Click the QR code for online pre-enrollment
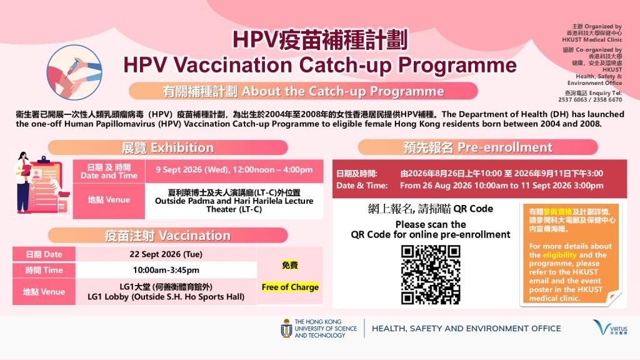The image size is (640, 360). (430, 274)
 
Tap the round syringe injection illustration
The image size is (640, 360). (74, 72)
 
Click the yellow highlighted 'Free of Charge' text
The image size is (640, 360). (290, 287)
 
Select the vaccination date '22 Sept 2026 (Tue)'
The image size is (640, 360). (166, 254)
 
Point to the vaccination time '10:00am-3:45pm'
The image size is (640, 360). (166, 270)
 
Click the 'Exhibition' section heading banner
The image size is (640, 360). (167, 147)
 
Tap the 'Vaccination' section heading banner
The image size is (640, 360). (167, 236)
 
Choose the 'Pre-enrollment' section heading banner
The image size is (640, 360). (477, 147)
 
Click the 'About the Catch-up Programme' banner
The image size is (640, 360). (303, 91)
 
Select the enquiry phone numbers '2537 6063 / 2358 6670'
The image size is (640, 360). (590, 99)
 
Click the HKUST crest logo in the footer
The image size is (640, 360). (286, 328)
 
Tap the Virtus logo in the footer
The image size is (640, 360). (610, 327)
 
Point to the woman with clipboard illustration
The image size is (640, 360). (24, 182)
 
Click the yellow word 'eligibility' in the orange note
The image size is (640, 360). (559, 255)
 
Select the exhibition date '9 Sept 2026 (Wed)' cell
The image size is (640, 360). (234, 170)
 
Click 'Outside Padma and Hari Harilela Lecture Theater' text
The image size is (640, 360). (234, 205)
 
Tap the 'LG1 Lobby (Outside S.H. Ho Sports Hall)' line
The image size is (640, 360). (166, 297)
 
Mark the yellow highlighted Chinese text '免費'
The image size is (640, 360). (290, 265)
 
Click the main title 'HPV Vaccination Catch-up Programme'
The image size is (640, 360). (320, 65)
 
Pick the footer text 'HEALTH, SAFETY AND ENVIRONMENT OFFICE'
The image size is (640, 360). (466, 329)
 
